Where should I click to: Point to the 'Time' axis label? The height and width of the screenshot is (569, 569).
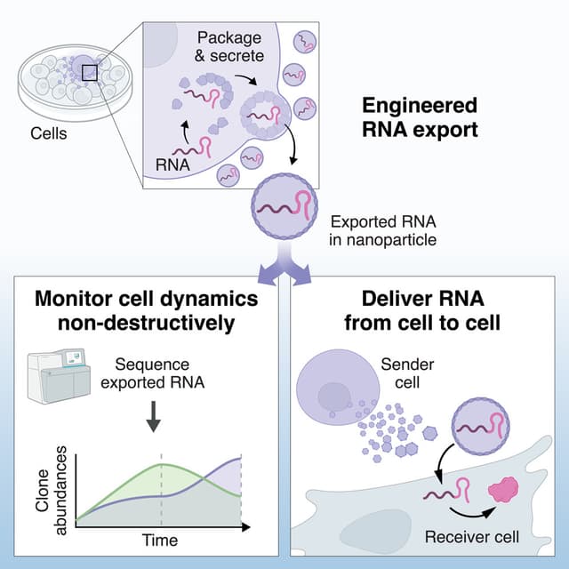coord(160,541)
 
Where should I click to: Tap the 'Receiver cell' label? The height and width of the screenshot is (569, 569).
coord(471,537)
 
